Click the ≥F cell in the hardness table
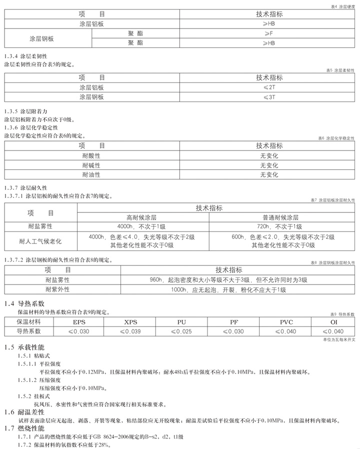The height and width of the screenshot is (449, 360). coord(269,33)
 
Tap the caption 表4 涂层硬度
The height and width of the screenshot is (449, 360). coord(342,6)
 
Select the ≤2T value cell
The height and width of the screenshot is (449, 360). coord(269,87)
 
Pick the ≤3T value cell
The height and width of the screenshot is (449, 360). coord(269,97)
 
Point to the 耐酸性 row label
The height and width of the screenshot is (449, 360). coord(91,155)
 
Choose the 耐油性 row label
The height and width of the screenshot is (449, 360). coord(91,174)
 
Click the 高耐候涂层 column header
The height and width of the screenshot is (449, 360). coord(142,217)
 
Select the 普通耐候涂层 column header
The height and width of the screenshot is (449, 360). coord(280,217)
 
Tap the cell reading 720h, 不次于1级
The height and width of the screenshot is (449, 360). coord(280,226)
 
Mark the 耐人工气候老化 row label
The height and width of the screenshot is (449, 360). coord(40,241)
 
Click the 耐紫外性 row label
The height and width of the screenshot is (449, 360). coord(57,289)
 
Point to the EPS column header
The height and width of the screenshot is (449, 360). coord(79,322)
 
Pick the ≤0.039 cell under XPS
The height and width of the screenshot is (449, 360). coord(130,331)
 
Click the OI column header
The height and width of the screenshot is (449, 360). coord(334,322)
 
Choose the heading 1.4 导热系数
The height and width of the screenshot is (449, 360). coord(24,303)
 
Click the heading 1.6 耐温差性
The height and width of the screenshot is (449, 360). coord(24,412)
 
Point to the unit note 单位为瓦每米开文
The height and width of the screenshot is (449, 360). coord(338,339)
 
